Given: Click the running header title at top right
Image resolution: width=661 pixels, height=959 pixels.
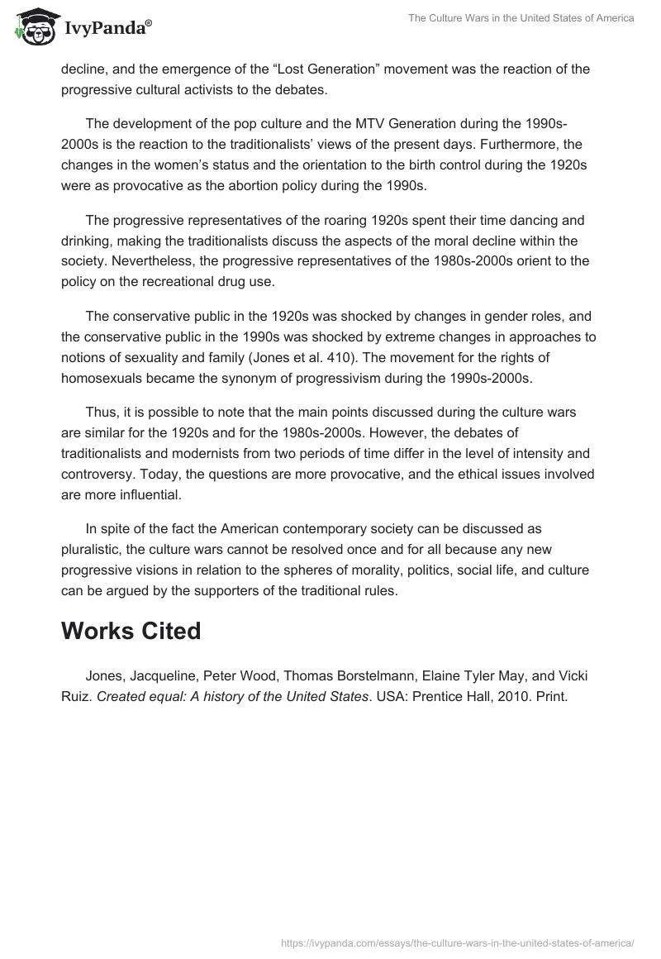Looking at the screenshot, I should click(521, 18).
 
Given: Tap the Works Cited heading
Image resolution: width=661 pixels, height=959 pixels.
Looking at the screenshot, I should click(131, 631).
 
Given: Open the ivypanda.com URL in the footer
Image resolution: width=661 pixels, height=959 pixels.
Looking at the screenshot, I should click(457, 942).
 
